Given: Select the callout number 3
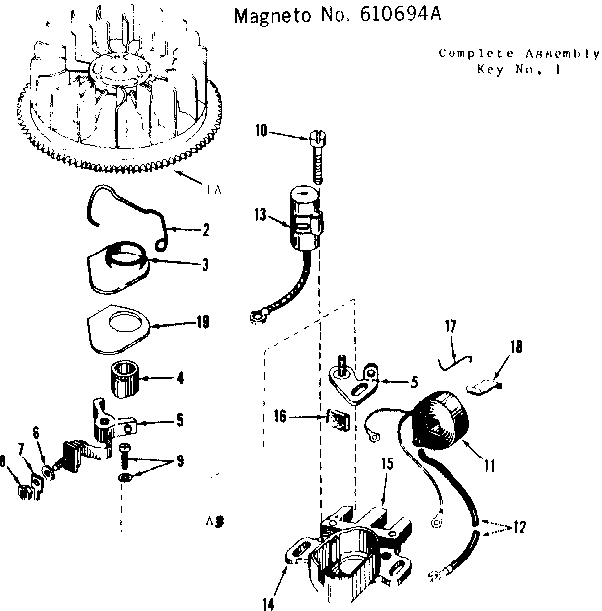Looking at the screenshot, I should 204,263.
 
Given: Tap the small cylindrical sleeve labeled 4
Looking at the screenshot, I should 126,380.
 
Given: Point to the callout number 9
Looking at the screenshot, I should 178,459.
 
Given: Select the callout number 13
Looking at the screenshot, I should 260,213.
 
